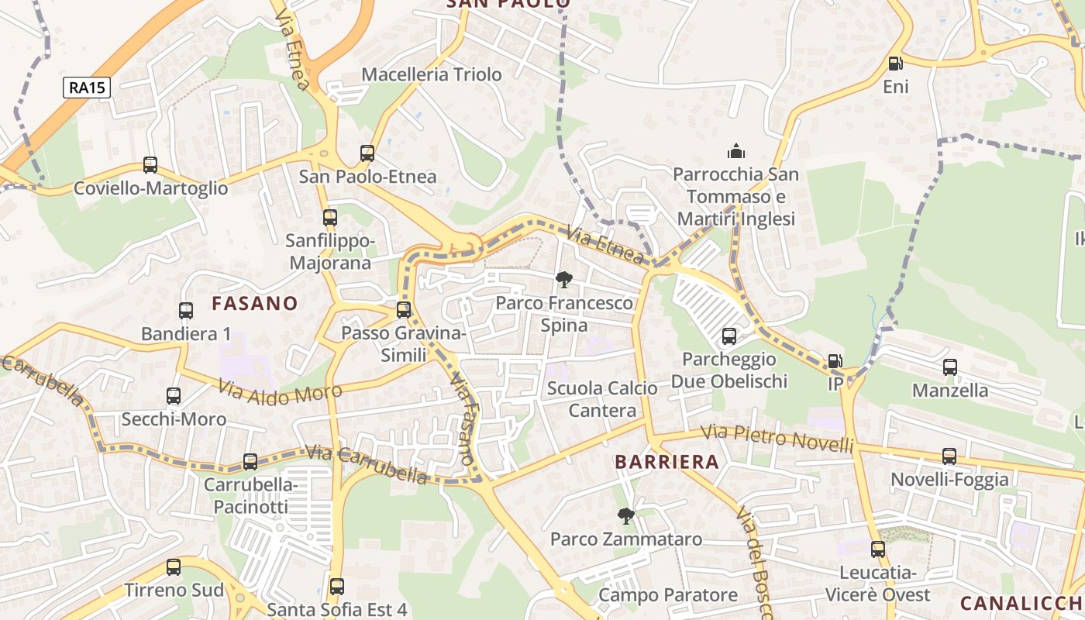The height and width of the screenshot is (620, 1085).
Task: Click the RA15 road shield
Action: pos(87,88)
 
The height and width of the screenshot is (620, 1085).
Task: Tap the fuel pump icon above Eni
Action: pos(895,64)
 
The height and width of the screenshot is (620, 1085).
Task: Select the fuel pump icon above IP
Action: pos(835,361)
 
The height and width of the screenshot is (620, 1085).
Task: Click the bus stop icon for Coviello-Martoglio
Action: pos(150,165)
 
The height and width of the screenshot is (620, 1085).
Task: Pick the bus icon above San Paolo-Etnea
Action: pos(367,153)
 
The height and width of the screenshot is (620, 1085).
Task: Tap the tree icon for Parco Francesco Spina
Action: pos(564,280)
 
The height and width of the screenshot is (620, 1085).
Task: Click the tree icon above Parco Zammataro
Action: pos(625,515)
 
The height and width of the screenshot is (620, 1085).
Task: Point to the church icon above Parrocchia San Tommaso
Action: pos(735,151)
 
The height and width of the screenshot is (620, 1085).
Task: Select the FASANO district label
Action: pos(255,303)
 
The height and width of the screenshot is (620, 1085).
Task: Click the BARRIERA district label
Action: pos(666,462)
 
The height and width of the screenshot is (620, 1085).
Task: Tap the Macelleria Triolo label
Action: pos(432,74)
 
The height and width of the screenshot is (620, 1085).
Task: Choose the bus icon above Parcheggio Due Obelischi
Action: pos(729,336)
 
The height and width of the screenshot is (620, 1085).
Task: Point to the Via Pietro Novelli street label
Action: pos(777,439)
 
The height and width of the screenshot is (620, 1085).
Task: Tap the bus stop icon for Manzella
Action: pos(950,367)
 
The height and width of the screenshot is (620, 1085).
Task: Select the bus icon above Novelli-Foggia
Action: pos(949,456)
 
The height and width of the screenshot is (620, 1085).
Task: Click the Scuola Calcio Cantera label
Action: pos(602,399)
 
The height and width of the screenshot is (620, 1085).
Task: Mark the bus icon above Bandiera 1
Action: pos(186,311)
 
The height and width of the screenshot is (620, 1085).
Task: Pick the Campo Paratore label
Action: pos(668,595)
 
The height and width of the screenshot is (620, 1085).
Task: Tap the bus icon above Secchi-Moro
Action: pos(174,396)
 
